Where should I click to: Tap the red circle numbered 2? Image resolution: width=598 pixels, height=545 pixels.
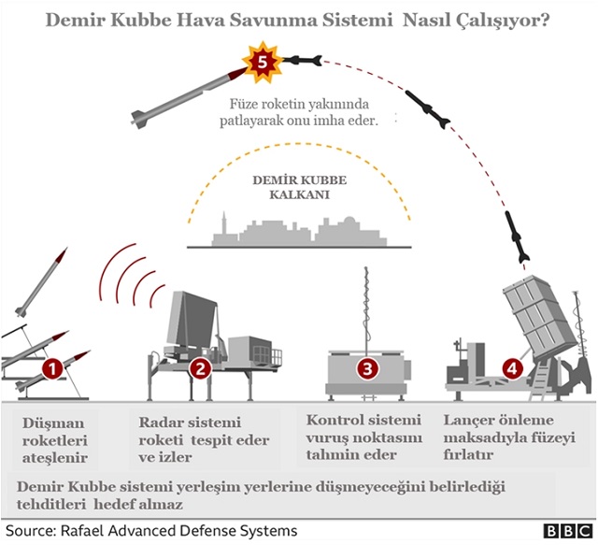[x=199, y=368]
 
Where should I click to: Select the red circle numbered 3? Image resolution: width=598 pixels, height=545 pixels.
[x=368, y=368]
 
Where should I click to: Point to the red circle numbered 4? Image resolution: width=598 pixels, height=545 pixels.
[x=511, y=368]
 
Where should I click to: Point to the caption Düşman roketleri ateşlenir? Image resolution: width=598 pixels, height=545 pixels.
[x=56, y=440]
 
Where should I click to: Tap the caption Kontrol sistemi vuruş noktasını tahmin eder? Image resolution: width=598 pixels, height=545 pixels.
[x=363, y=437]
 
